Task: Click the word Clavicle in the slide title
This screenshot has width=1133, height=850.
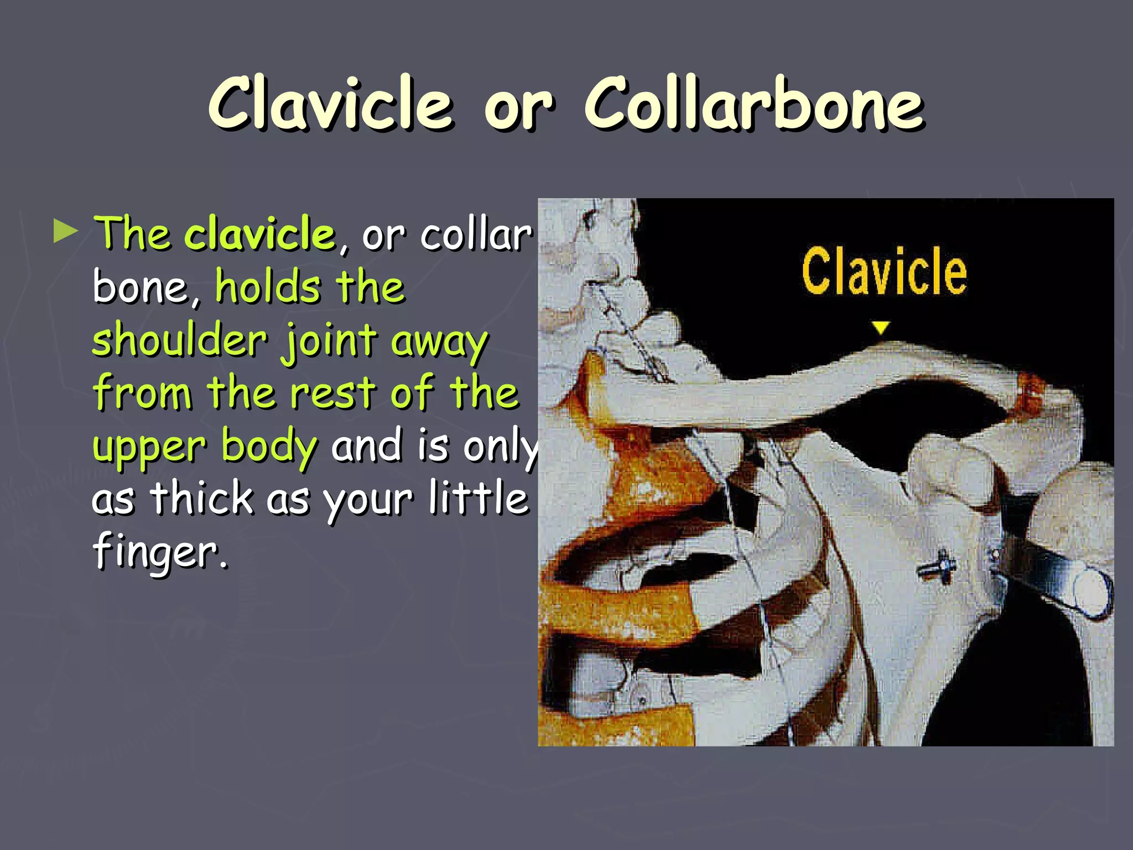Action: point(330,104)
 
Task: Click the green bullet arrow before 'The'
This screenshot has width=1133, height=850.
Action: point(66,232)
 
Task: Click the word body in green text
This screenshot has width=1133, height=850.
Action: point(269,447)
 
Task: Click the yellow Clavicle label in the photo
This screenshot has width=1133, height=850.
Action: point(884,272)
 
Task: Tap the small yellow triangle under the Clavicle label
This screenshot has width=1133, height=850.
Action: point(881,328)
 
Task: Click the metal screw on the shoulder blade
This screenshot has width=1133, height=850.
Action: point(937,567)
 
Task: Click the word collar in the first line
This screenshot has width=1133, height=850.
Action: point(476,235)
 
